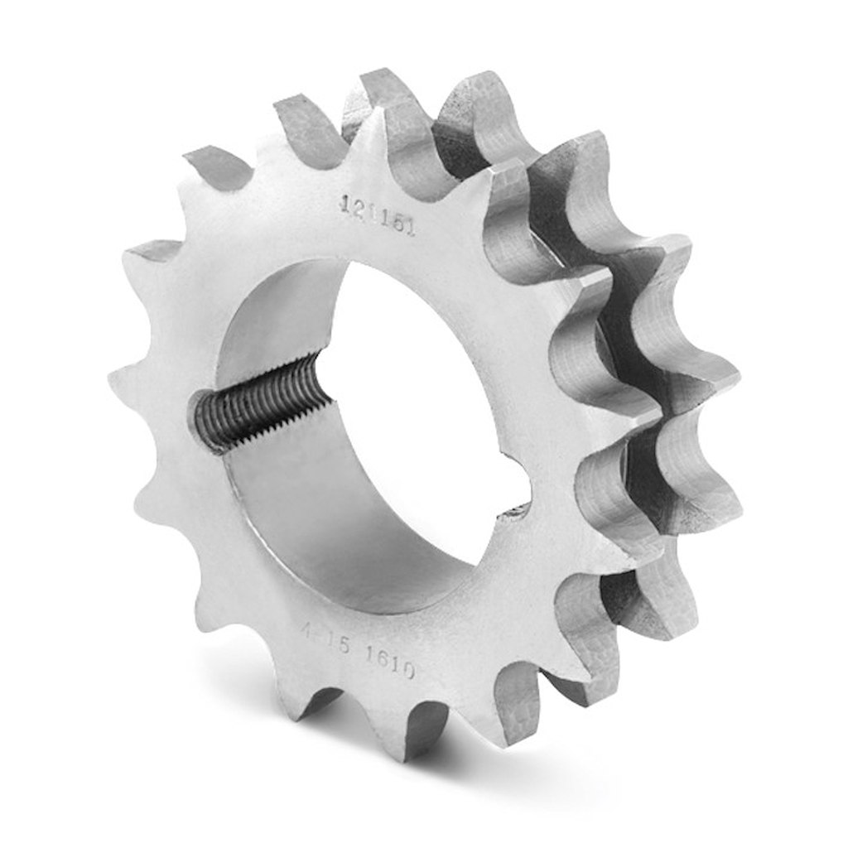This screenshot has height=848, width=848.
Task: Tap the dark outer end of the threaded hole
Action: pyautogui.click(x=209, y=422)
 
